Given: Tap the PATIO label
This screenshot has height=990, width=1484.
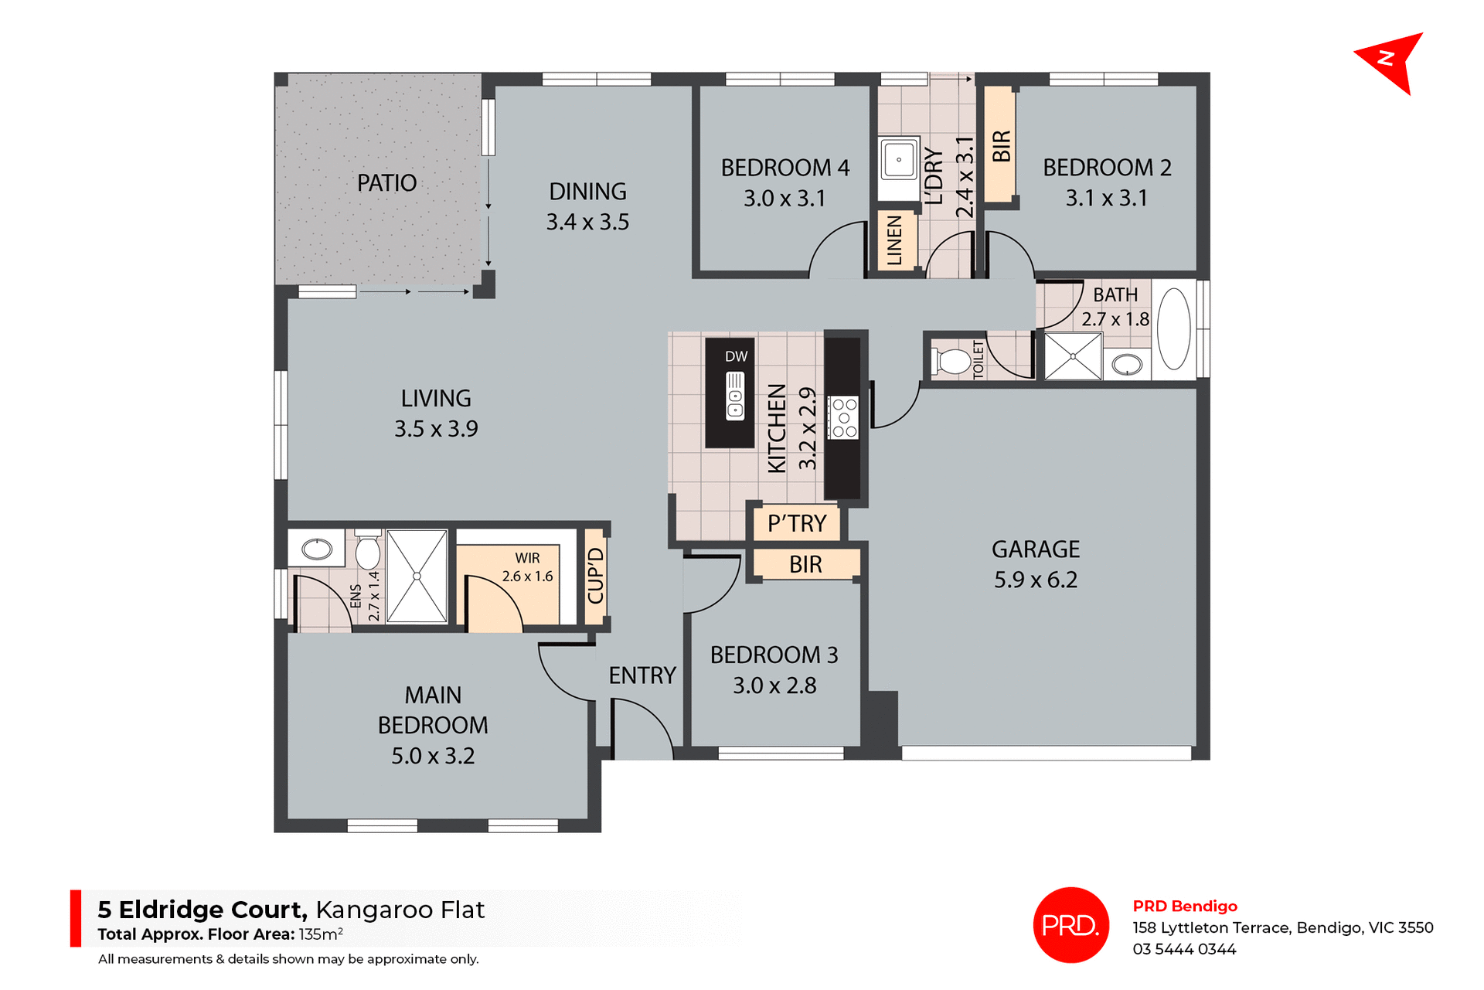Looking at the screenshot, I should click(386, 183).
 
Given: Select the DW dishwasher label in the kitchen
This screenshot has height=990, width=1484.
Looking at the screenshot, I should click(736, 356).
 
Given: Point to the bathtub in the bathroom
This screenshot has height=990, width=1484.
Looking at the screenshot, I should click(1174, 328).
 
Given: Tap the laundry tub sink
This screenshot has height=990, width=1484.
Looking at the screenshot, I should click(898, 161).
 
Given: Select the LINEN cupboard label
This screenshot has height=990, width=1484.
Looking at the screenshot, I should click(895, 240).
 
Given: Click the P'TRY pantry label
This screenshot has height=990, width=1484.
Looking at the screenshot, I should click(797, 523).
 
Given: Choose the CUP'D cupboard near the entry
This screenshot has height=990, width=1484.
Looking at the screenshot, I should click(595, 575).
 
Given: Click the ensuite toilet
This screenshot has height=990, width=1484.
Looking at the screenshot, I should click(368, 550).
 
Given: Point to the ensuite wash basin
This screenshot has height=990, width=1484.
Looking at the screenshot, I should click(317, 549).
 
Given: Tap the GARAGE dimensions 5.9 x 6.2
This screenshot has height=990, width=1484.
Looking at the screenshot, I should click(1035, 580).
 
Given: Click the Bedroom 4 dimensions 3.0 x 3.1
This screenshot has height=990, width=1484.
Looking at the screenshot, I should click(785, 199).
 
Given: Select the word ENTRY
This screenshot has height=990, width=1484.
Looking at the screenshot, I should click(642, 675).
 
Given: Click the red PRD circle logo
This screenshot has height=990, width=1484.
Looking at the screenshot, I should click(1070, 924).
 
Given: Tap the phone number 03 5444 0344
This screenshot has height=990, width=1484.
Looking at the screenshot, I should click(1184, 949).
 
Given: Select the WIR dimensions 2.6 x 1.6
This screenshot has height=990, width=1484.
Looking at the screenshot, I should click(527, 577).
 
